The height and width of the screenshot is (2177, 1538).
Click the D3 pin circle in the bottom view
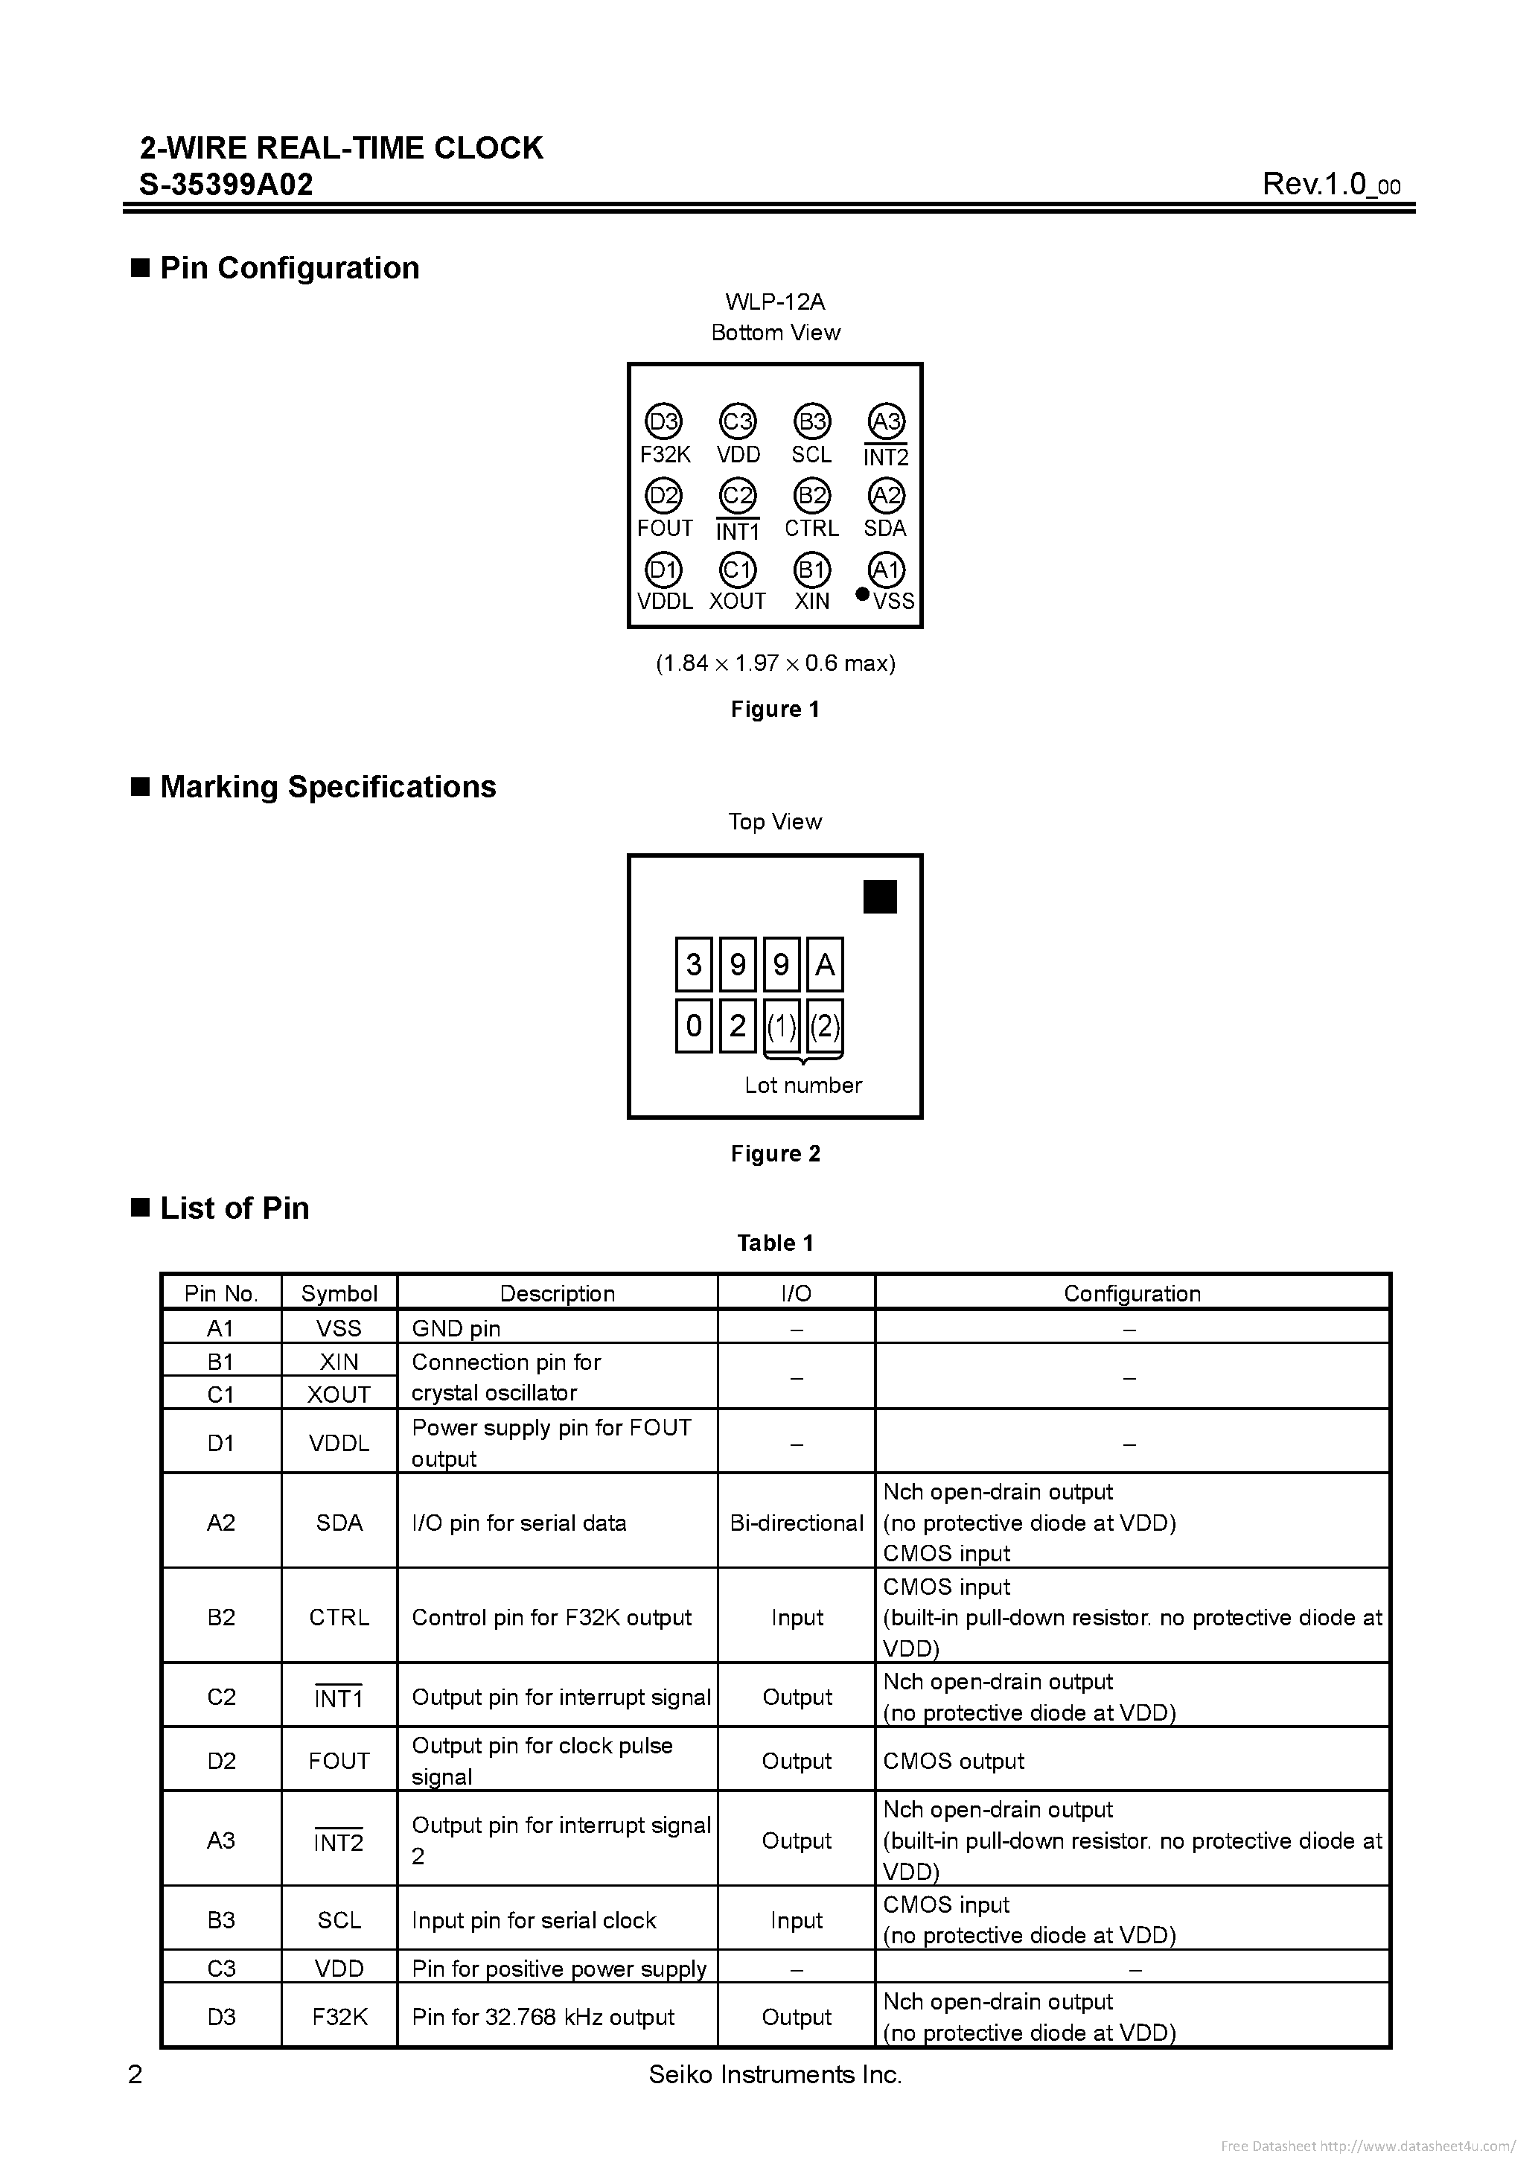pos(664,421)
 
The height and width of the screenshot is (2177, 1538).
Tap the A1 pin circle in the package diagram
pos(887,570)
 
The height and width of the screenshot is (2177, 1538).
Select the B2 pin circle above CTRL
pos(811,495)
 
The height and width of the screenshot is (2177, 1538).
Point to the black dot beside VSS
pos(862,594)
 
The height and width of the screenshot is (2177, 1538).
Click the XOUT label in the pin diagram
pos(738,601)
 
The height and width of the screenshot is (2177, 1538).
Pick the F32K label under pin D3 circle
pos(665,454)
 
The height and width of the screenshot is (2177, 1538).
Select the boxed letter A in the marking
pos(825,965)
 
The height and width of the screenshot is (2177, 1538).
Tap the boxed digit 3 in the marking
pos(694,965)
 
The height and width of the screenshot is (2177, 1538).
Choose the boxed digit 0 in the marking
pos(694,1026)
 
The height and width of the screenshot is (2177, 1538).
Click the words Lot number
pos(803,1085)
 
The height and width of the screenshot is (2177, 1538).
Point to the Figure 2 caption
pos(776,1153)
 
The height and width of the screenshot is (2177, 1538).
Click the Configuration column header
pos(1132,1293)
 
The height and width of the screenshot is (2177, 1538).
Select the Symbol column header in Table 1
pos(339,1293)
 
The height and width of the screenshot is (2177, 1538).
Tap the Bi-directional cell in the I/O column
pos(797,1523)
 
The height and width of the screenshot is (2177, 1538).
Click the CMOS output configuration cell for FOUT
pos(954,1761)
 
